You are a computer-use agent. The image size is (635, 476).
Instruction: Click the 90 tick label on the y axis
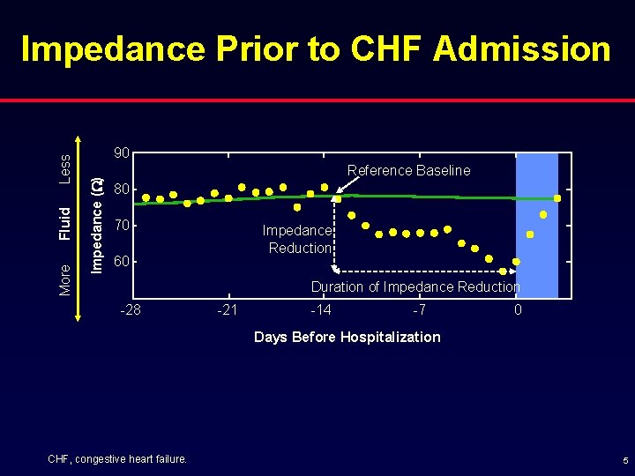tap(123, 153)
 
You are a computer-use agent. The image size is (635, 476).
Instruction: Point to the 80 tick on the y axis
tap(123, 190)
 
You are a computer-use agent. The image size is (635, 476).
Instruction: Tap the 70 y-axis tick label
tap(123, 226)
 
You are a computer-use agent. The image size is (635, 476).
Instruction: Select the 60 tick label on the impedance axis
tap(123, 262)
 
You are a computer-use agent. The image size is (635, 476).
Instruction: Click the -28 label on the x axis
tap(130, 310)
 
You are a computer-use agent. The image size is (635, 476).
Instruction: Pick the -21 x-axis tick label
tap(227, 310)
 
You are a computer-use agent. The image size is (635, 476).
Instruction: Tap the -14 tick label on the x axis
tap(321, 310)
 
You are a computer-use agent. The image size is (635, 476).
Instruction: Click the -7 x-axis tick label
tap(419, 310)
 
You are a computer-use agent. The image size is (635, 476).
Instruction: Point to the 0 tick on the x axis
tap(518, 310)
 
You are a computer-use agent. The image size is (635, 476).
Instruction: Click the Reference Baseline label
tap(408, 170)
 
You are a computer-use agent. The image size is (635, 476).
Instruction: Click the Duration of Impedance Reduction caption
tap(415, 286)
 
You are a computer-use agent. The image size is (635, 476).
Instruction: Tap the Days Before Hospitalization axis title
tap(347, 337)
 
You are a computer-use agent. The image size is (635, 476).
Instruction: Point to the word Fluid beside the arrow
tap(64, 223)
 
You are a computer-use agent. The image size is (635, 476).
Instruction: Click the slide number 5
tap(624, 460)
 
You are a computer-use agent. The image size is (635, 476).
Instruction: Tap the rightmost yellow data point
tap(557, 198)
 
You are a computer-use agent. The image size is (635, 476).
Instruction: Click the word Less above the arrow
tap(64, 167)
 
